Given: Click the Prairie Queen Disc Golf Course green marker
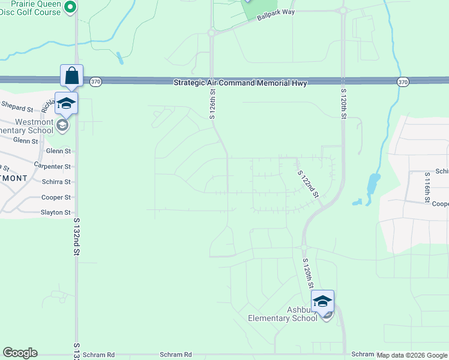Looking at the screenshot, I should click(x=70, y=7).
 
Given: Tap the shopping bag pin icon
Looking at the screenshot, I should click(x=71, y=76).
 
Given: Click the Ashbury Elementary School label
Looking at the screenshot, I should click(x=283, y=314).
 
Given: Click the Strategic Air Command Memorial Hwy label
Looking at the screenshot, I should click(x=240, y=83).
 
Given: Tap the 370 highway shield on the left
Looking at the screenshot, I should click(x=95, y=82).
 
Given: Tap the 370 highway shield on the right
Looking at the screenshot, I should click(x=402, y=82).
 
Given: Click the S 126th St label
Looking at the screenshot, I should click(x=212, y=104).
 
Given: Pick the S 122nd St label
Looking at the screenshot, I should click(x=308, y=182).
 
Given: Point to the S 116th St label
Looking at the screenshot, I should click(x=427, y=186).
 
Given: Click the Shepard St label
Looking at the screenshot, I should click(x=17, y=109).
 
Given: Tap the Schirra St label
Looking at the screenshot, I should click(x=56, y=182).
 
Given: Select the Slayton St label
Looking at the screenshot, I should click(x=55, y=212).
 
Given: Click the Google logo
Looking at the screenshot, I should click(x=20, y=353).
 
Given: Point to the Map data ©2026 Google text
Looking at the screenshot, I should click(x=412, y=355).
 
